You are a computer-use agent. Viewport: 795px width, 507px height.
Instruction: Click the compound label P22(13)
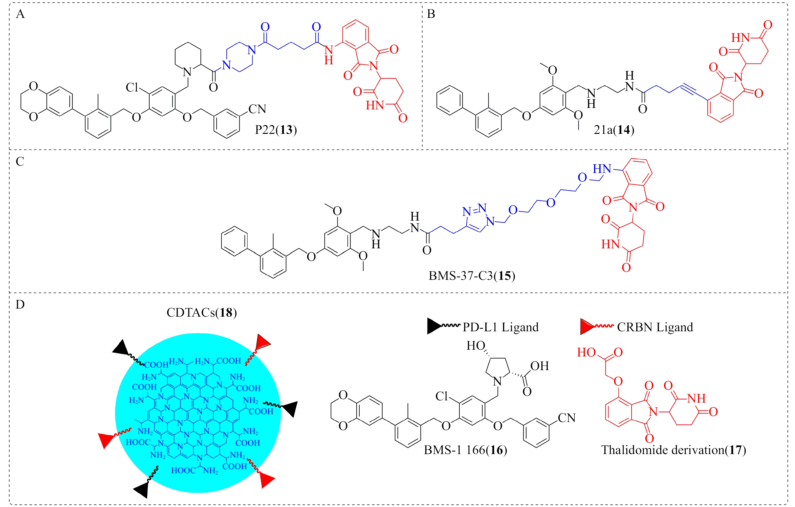(276, 130)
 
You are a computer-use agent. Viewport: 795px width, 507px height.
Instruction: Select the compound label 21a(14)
(614, 130)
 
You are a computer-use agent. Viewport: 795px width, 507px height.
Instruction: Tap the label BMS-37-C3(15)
(471, 276)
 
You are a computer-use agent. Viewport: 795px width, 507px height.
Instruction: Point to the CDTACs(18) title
(201, 312)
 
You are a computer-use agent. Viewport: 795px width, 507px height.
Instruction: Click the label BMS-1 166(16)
(465, 450)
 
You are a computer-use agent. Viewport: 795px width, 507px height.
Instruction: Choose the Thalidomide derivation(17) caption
(674, 450)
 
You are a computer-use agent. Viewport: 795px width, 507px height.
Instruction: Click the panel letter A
(20, 14)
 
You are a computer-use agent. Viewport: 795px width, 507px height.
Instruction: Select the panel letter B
(431, 14)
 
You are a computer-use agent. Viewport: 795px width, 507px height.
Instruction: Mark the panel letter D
(20, 305)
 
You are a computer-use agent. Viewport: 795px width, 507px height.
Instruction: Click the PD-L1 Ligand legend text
(500, 327)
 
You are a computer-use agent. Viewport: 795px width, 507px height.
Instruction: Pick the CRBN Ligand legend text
(655, 327)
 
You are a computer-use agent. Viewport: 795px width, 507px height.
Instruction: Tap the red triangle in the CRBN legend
(587, 326)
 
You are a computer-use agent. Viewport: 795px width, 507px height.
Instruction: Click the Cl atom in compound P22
(132, 87)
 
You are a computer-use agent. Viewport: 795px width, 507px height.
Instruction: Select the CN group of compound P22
(257, 109)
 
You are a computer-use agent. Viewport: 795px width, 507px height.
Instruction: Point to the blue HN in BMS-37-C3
(602, 169)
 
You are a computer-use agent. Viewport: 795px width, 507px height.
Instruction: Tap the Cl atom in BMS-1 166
(442, 396)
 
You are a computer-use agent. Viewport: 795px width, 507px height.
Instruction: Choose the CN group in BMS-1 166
(567, 418)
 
